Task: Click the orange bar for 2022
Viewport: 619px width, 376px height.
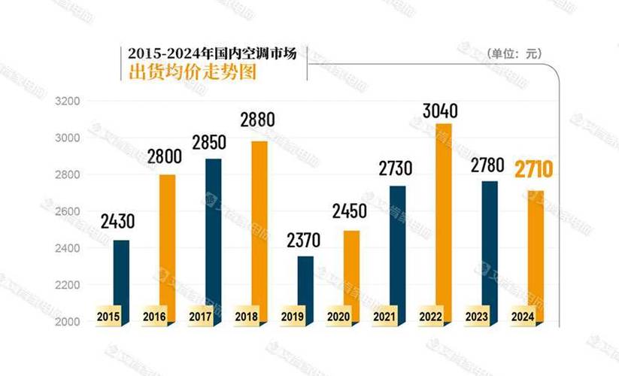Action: (443, 218)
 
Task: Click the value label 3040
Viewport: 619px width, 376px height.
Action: (440, 111)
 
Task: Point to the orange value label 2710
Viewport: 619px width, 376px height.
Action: (533, 169)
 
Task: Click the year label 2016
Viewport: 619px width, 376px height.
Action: (154, 316)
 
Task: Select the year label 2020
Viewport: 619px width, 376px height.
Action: (338, 316)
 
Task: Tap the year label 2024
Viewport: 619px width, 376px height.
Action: (523, 316)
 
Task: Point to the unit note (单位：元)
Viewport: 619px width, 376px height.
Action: (514, 53)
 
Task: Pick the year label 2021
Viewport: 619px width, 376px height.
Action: (384, 316)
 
